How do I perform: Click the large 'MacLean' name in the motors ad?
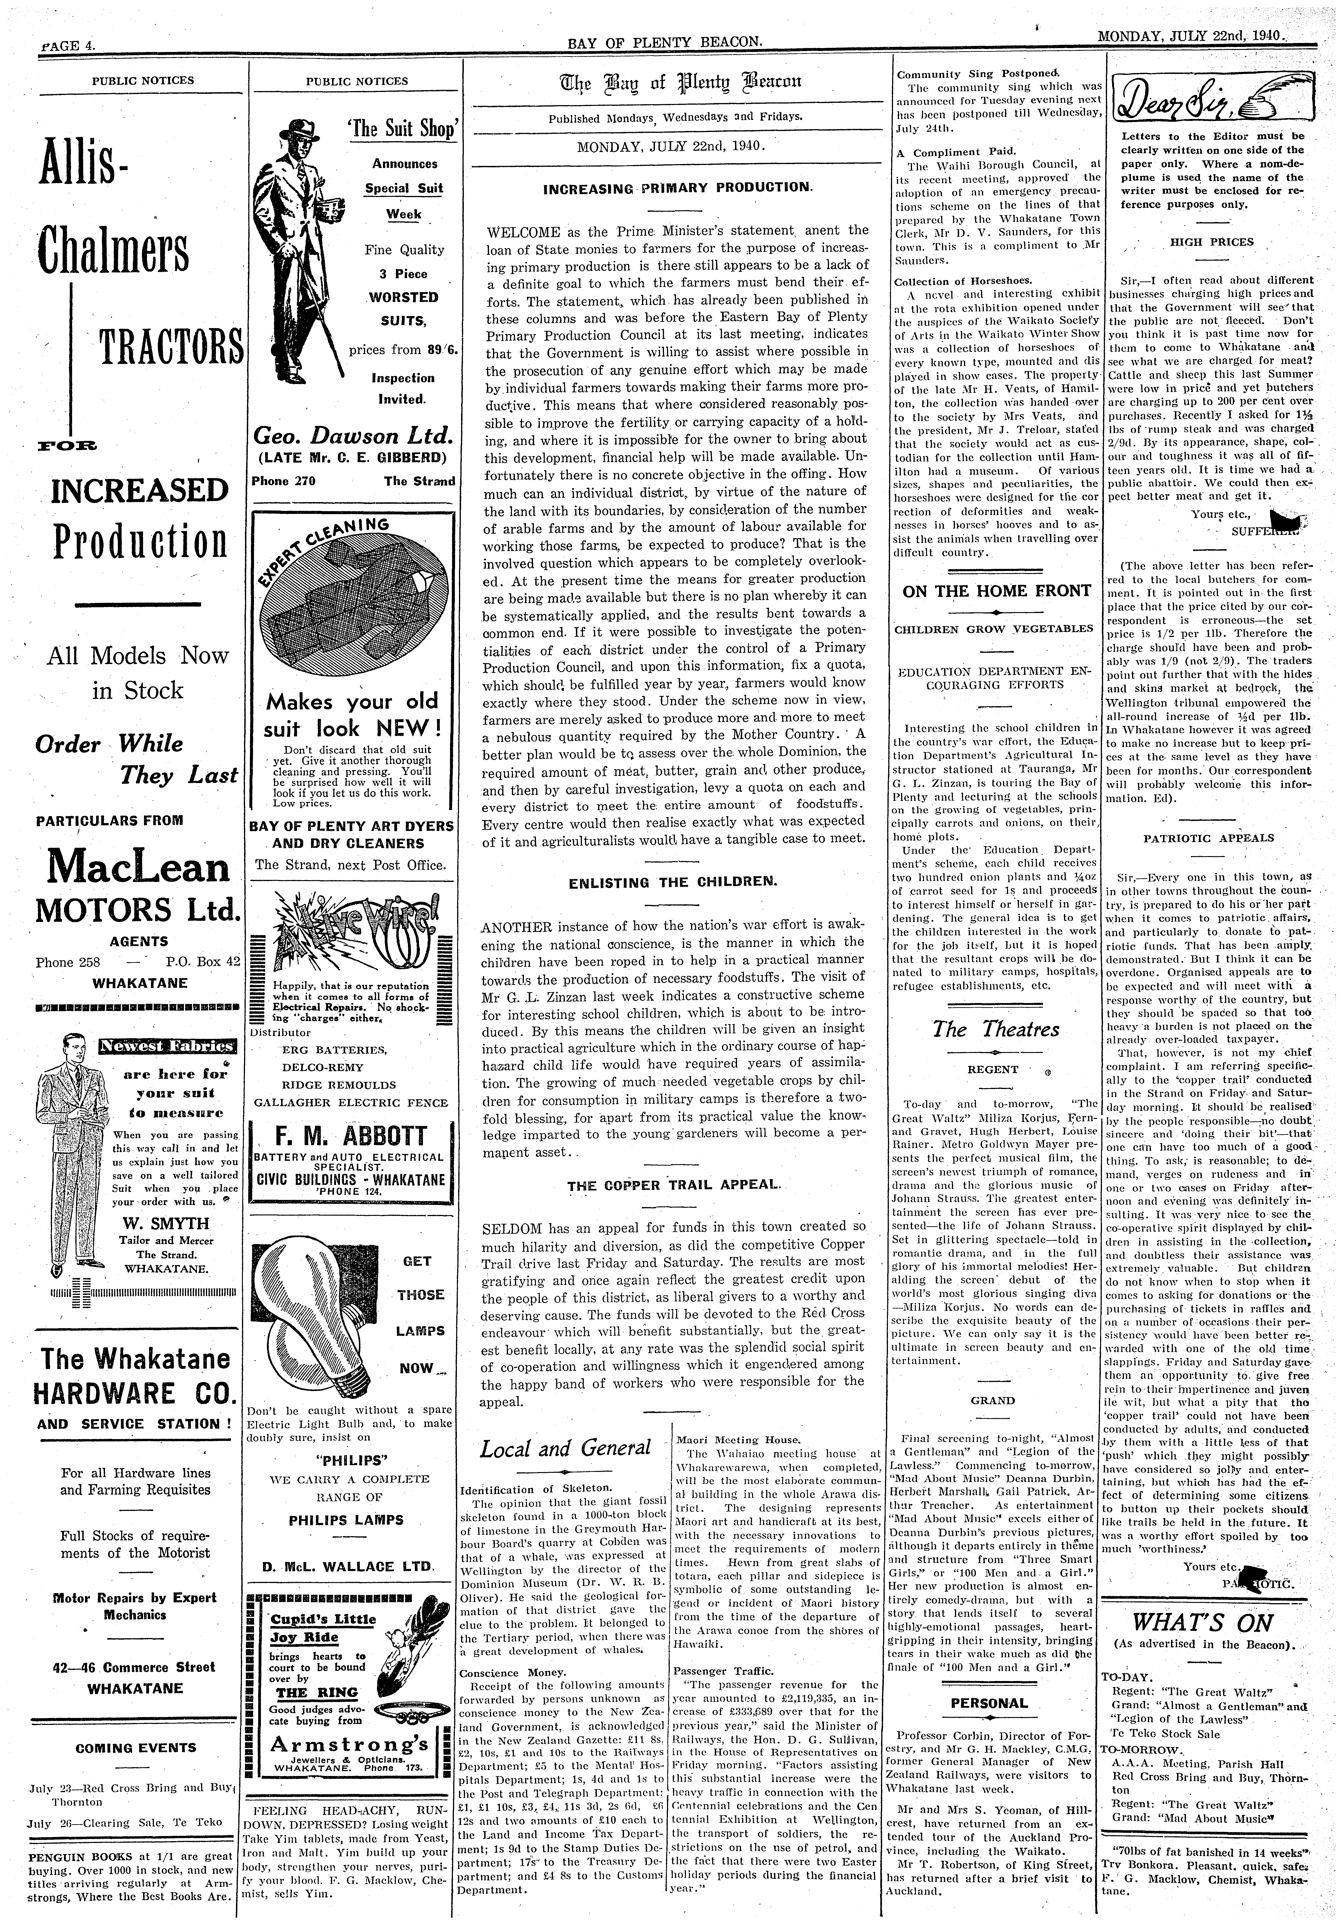pos(138,867)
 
